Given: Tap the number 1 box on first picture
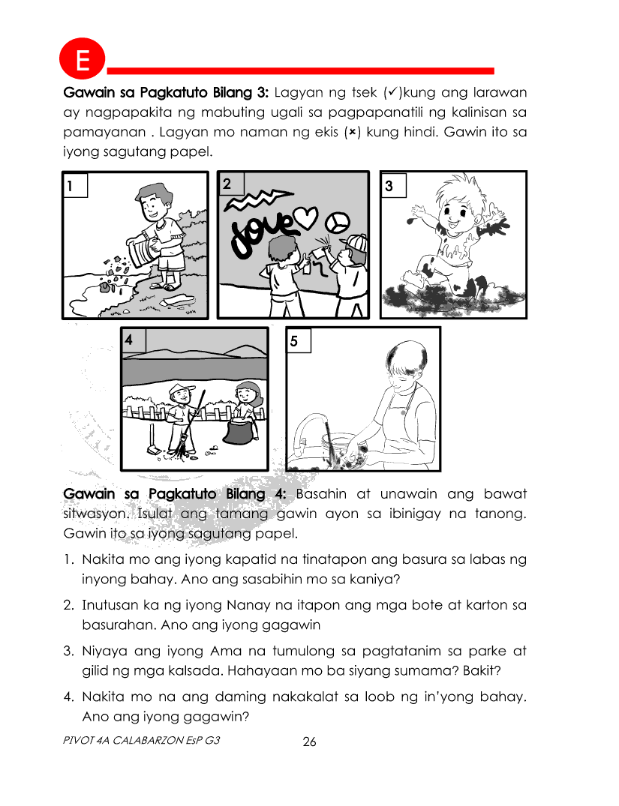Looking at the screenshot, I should [x=74, y=185].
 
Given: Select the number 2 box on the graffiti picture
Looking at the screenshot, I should [x=230, y=183].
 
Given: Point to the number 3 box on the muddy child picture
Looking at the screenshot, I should [x=393, y=184].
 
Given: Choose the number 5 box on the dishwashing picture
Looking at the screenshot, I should [x=298, y=340].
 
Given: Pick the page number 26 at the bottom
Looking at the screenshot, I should [x=309, y=742].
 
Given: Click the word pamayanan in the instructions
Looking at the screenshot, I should [x=103, y=133].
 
